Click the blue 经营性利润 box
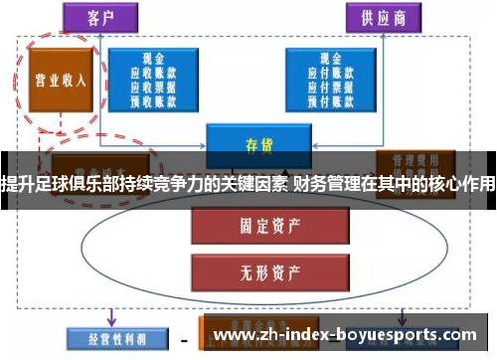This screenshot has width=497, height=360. [x=106, y=335]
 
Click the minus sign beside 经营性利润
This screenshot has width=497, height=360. [x=182, y=336]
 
